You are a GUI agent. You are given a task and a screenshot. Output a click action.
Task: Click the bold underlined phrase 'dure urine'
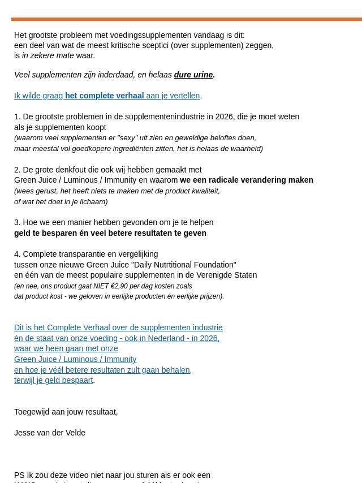click(x=193, y=75)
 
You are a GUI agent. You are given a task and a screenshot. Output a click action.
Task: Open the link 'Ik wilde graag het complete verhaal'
click(x=107, y=96)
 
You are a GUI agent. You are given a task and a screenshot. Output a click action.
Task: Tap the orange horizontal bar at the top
click(x=187, y=19)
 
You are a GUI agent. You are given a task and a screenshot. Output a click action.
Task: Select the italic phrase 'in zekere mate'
click(x=48, y=55)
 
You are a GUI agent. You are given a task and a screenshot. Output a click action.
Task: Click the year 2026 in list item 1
click(x=224, y=117)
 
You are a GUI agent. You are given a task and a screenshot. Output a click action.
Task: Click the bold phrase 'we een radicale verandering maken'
click(x=247, y=180)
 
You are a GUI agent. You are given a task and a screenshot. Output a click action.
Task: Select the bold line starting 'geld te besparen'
click(x=110, y=233)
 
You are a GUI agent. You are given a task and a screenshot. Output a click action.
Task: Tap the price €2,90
click(x=119, y=286)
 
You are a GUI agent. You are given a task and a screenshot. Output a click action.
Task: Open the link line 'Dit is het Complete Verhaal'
click(x=118, y=327)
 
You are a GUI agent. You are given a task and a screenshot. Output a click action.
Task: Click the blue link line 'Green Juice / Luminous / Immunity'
click(x=75, y=359)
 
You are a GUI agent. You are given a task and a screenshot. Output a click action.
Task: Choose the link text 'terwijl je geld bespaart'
click(x=53, y=380)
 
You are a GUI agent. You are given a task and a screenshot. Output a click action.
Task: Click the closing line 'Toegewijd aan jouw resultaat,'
click(x=66, y=412)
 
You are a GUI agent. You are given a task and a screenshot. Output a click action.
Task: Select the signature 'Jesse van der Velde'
click(x=50, y=433)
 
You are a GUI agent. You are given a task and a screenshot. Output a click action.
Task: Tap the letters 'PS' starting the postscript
click(x=19, y=475)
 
